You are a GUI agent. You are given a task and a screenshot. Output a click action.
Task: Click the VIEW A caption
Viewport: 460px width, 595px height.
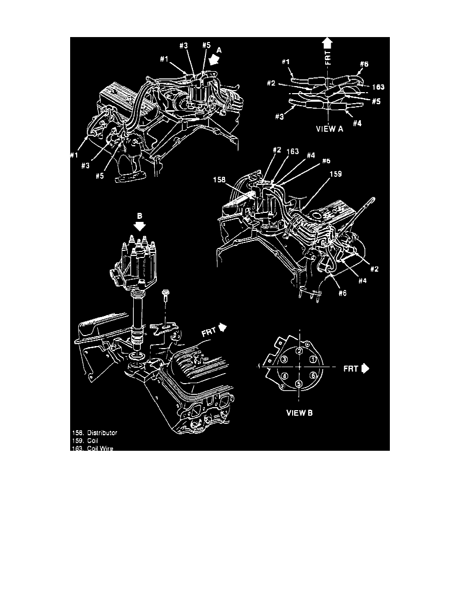[329, 128]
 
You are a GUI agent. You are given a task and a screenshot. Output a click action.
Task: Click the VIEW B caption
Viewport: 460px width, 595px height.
[299, 414]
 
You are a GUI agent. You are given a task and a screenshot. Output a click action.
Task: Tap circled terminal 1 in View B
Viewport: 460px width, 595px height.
[313, 359]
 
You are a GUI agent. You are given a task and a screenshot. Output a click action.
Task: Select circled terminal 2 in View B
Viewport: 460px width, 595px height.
[299, 351]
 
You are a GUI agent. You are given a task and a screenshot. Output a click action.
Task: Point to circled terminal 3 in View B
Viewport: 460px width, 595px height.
[284, 359]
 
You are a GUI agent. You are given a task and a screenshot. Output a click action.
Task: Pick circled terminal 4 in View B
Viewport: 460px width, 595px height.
[284, 376]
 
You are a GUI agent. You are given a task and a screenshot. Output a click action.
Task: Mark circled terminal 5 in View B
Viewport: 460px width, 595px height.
[299, 384]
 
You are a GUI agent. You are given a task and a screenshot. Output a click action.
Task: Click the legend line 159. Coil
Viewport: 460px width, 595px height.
[85, 441]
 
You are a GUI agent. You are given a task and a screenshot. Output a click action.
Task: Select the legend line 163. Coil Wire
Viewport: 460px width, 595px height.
[92, 448]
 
